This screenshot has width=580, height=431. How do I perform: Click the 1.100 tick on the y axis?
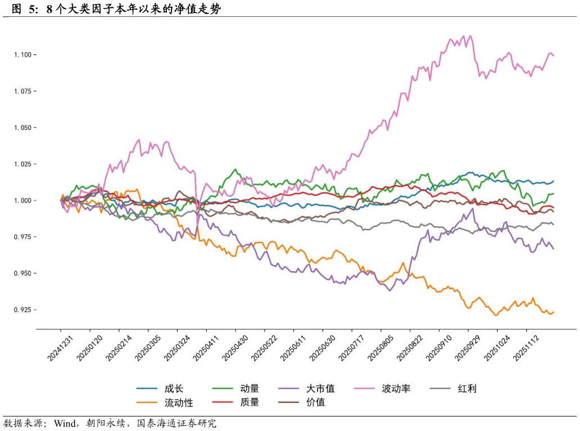coord(26,54)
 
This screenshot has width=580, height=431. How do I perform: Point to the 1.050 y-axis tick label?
coord(26,127)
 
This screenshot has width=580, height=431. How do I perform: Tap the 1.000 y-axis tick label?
coord(26,200)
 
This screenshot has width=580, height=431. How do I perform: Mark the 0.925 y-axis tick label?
coord(26,310)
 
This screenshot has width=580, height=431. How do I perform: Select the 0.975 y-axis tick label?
coord(26,237)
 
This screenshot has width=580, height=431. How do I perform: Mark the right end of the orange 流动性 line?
coord(554,312)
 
